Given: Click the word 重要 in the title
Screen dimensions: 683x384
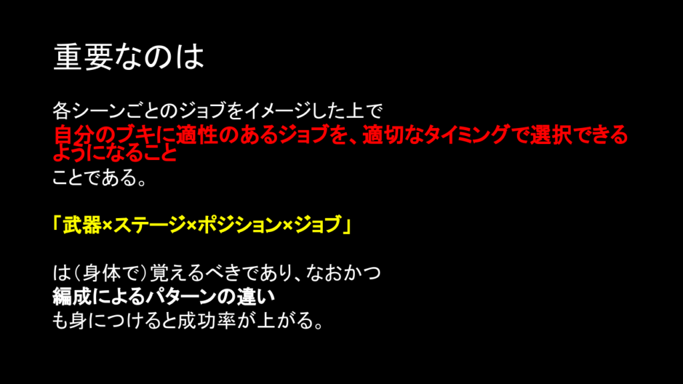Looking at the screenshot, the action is tap(83, 57).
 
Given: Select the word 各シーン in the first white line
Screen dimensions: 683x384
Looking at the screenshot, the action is tap(89, 111).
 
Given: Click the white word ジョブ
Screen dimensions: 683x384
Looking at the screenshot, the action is tap(203, 111).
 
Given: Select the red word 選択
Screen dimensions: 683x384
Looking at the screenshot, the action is tap(550, 135).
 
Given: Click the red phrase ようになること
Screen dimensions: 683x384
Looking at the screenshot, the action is tap(115, 153).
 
